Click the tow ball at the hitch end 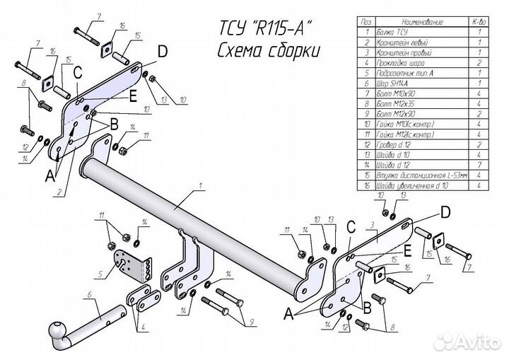coord(54,331)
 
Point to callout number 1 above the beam coord(201,186)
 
